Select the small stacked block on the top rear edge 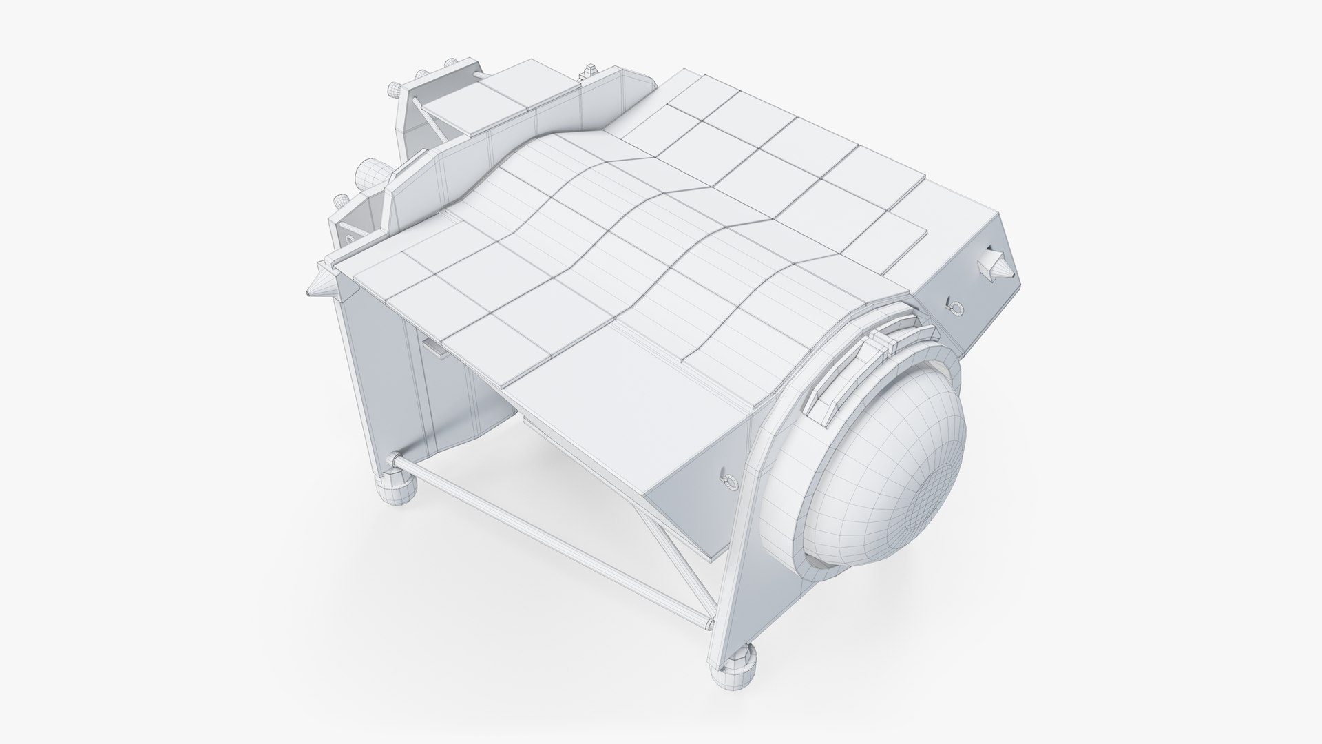(x=590, y=71)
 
